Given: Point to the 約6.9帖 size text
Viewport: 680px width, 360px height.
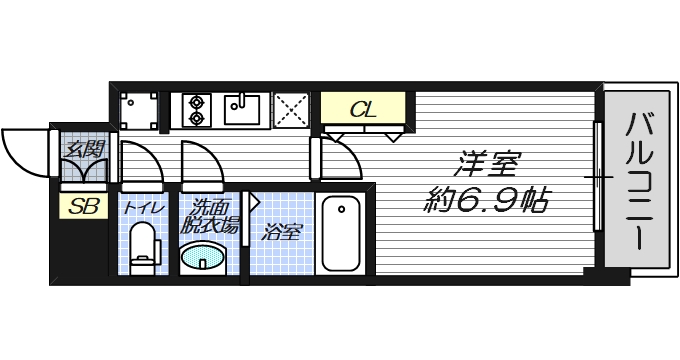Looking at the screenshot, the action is (483, 200).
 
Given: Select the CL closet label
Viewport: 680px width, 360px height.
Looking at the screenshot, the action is (364, 108).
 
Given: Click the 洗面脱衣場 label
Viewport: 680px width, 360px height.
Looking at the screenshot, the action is (210, 217).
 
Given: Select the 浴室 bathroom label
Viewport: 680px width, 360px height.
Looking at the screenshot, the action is (282, 234).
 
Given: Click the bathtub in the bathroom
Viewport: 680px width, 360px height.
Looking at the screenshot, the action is (341, 235).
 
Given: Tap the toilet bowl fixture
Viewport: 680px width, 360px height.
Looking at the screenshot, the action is (144, 249).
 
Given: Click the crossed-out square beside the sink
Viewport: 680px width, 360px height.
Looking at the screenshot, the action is (291, 109).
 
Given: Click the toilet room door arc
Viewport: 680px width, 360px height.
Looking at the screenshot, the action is (139, 162).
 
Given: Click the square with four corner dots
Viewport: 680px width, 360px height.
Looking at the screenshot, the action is (139, 109).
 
